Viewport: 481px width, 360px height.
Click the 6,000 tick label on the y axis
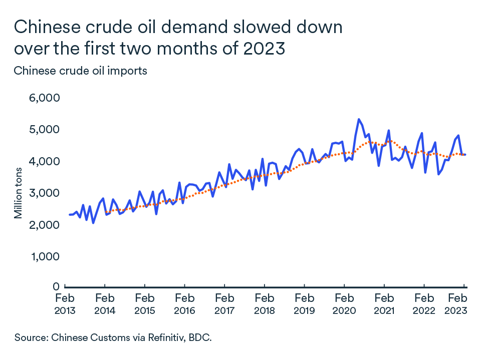tap(45, 98)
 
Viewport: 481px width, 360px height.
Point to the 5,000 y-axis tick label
tap(45, 129)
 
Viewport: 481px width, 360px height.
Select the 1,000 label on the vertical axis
tap(45, 256)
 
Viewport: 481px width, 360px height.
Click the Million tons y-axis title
tap(19, 193)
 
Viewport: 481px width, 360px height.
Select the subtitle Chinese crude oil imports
tap(81, 71)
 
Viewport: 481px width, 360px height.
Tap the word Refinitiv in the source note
tap(148, 337)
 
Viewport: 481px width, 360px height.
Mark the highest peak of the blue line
tap(359, 119)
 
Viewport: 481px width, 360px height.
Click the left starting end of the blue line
tap(70, 215)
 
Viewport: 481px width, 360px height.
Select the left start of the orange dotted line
tap(106, 213)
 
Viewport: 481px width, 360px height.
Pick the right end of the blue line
tap(466, 154)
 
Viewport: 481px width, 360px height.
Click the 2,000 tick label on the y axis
tap(45, 225)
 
